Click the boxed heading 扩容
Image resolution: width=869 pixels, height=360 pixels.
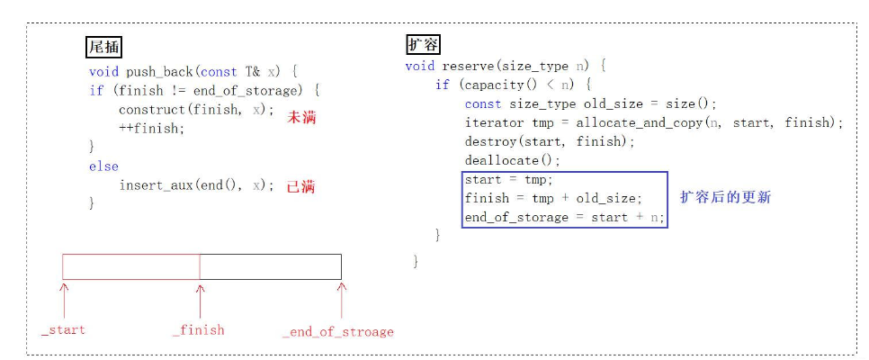[x=423, y=44]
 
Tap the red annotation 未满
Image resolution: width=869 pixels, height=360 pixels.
[x=301, y=117]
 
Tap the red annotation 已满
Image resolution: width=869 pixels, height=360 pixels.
[x=300, y=186]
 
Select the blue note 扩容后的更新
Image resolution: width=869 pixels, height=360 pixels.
[x=725, y=197]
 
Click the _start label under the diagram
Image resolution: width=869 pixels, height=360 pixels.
[x=64, y=329]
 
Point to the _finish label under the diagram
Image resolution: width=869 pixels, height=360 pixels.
[x=198, y=329]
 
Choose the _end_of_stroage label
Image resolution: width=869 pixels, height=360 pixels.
[x=337, y=331]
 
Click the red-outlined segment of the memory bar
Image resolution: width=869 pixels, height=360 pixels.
[x=131, y=266]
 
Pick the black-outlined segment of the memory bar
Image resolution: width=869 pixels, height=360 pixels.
[x=270, y=266]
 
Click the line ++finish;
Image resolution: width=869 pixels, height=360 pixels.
[x=151, y=128]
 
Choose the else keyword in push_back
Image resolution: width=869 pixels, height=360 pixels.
[x=103, y=166]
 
